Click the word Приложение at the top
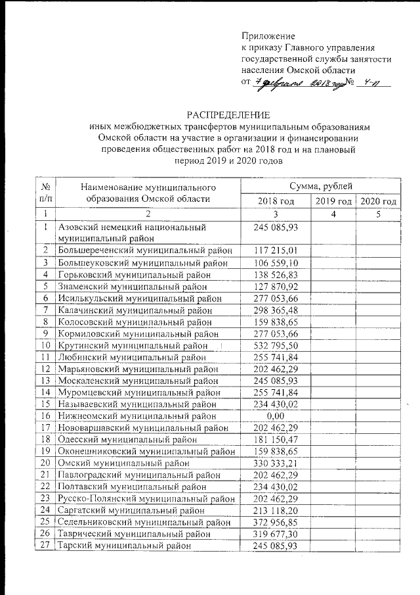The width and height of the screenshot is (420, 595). (x=268, y=36)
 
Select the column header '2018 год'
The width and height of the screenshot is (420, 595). (x=275, y=201)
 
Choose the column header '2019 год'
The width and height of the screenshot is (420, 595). (x=333, y=201)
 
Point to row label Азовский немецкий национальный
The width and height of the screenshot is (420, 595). (x=132, y=227)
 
